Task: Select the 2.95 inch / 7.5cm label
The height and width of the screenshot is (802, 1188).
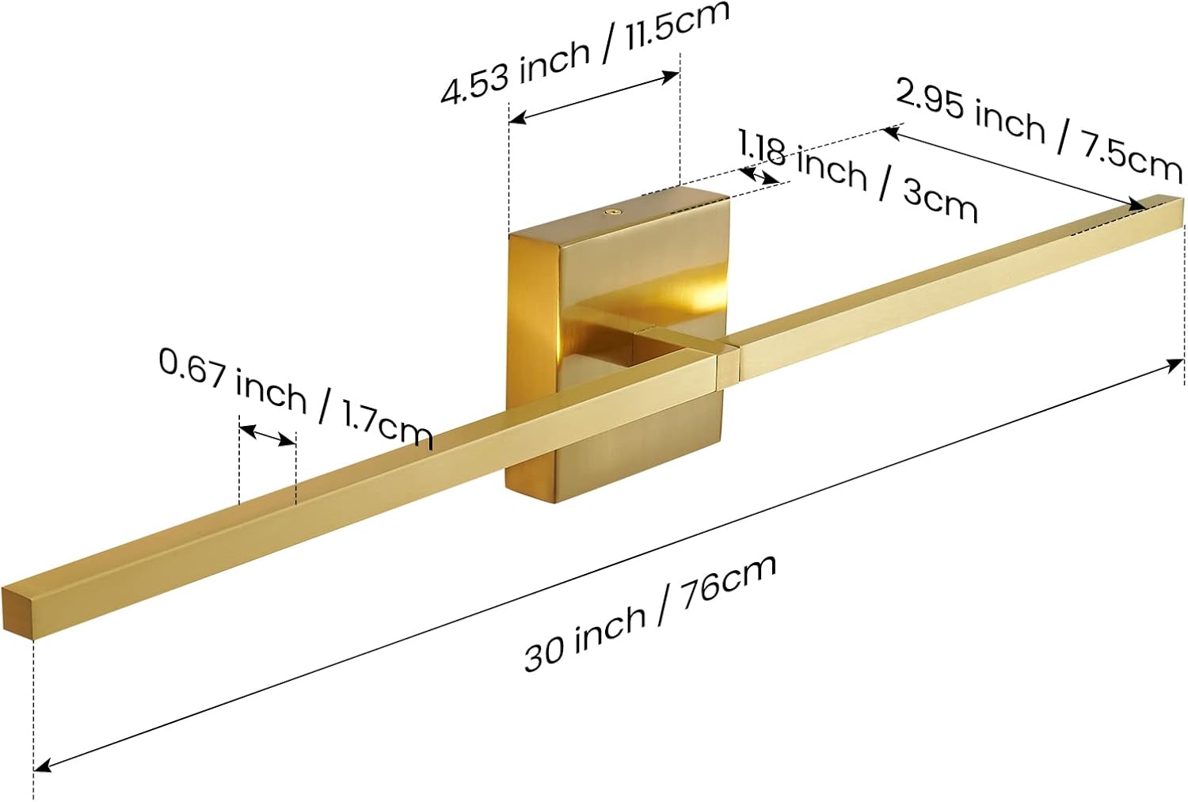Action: pos(1038,130)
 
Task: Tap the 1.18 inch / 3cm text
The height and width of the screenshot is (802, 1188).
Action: pos(859,176)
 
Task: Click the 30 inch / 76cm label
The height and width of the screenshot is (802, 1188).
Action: pos(649,614)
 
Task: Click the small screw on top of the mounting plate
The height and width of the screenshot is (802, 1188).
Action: pos(612,212)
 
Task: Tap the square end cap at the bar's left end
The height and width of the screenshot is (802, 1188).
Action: pos(17,610)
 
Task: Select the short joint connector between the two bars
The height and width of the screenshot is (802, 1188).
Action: pos(727,363)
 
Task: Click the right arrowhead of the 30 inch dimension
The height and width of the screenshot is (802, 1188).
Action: pos(1175,364)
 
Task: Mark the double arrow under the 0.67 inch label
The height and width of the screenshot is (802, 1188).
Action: pos(268,435)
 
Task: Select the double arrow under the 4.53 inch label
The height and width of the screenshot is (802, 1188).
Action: pos(594,97)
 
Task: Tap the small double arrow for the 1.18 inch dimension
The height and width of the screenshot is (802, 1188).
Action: pos(760,175)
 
